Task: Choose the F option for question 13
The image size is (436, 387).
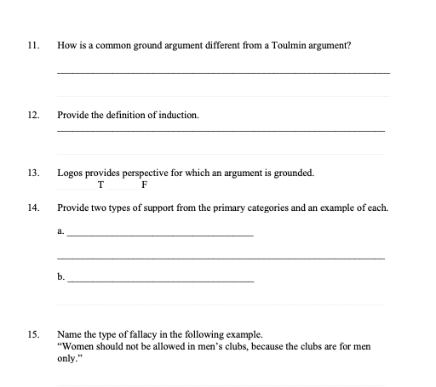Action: pyautogui.click(x=145, y=185)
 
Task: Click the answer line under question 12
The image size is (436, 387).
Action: pyautogui.click(x=221, y=132)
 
